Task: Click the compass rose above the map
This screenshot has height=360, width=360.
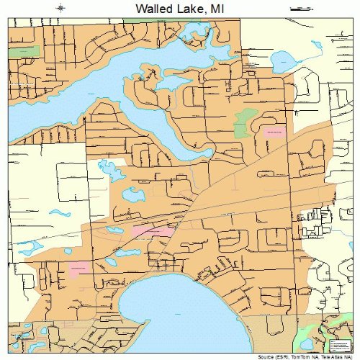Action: click(61, 8)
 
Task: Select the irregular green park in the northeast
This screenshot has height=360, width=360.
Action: click(247, 118)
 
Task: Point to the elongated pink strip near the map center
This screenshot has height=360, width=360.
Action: click(153, 231)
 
